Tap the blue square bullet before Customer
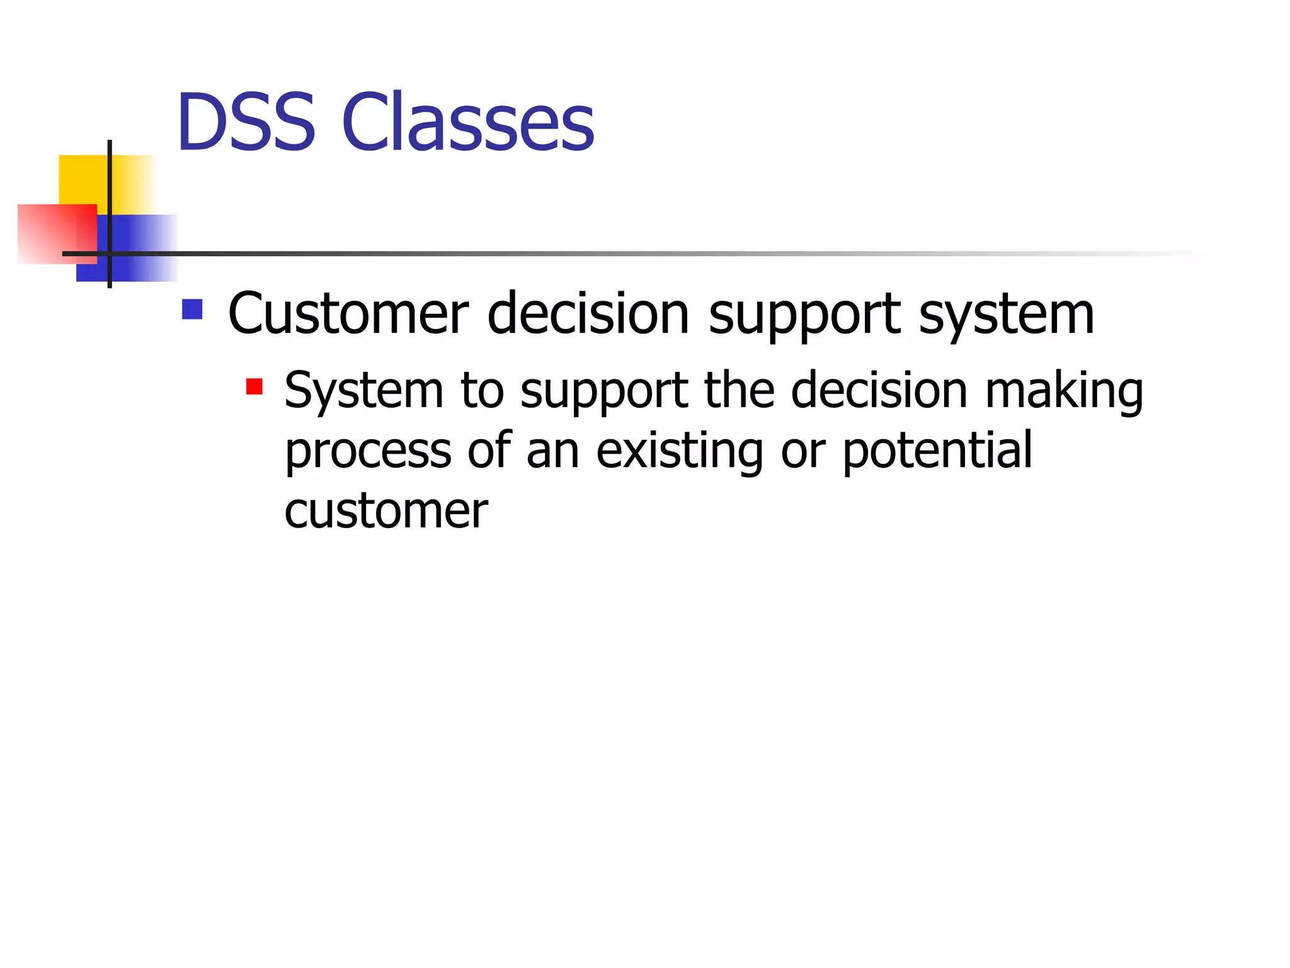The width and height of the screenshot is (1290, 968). click(x=192, y=309)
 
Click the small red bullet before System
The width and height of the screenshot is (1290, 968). click(x=254, y=386)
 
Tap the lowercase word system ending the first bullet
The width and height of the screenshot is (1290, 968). click(x=1006, y=315)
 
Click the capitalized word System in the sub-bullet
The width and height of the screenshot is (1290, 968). click(x=364, y=391)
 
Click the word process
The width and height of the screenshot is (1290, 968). click(x=368, y=451)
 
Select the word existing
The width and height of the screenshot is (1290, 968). click(x=680, y=451)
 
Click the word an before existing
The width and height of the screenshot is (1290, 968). click(x=552, y=451)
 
